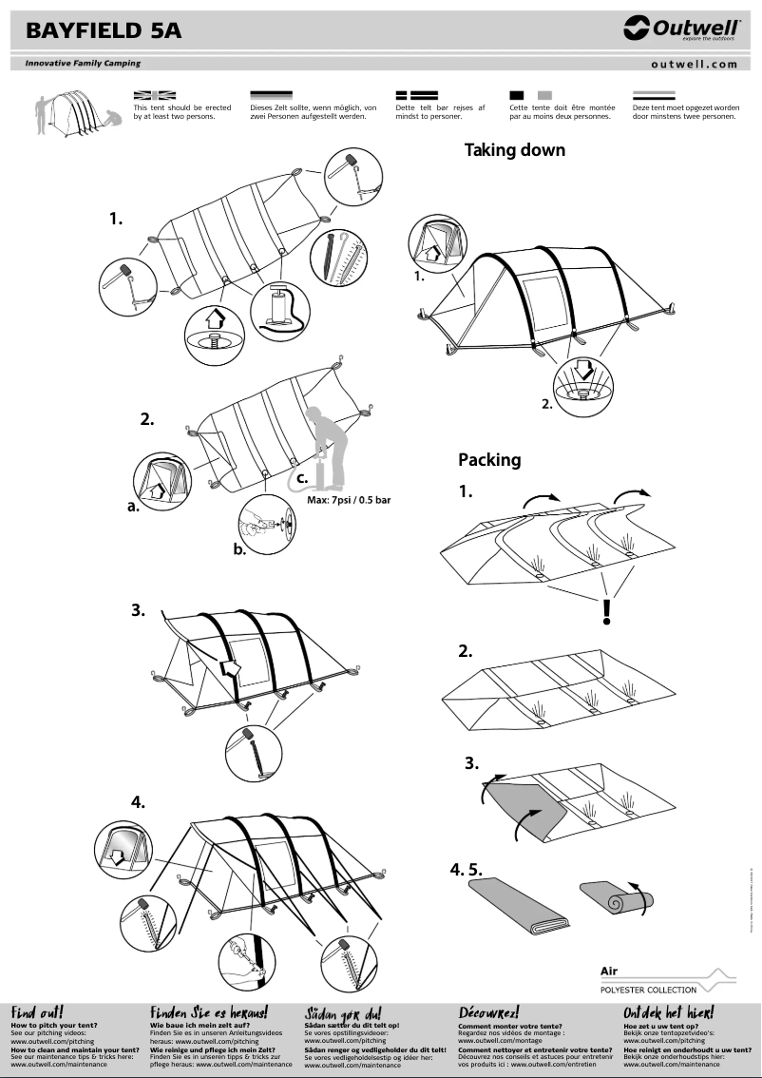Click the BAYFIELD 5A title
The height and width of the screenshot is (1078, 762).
click(104, 31)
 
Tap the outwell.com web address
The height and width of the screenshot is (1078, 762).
click(694, 65)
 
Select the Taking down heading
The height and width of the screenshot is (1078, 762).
click(514, 149)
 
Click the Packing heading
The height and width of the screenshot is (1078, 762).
click(489, 460)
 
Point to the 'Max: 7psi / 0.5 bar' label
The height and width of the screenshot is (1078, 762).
click(349, 500)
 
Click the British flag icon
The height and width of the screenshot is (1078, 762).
click(155, 96)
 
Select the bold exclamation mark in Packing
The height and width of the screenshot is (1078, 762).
click(606, 612)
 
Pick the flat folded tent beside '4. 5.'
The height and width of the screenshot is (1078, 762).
click(521, 904)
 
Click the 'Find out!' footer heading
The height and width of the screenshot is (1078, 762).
click(37, 1012)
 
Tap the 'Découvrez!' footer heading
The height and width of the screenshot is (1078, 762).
click(488, 1012)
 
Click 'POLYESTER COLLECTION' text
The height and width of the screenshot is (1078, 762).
click(648, 990)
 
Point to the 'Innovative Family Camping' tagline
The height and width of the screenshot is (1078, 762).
click(77, 64)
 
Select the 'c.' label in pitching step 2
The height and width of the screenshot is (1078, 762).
click(301, 479)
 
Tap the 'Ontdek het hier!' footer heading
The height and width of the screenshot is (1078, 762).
click(668, 1012)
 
